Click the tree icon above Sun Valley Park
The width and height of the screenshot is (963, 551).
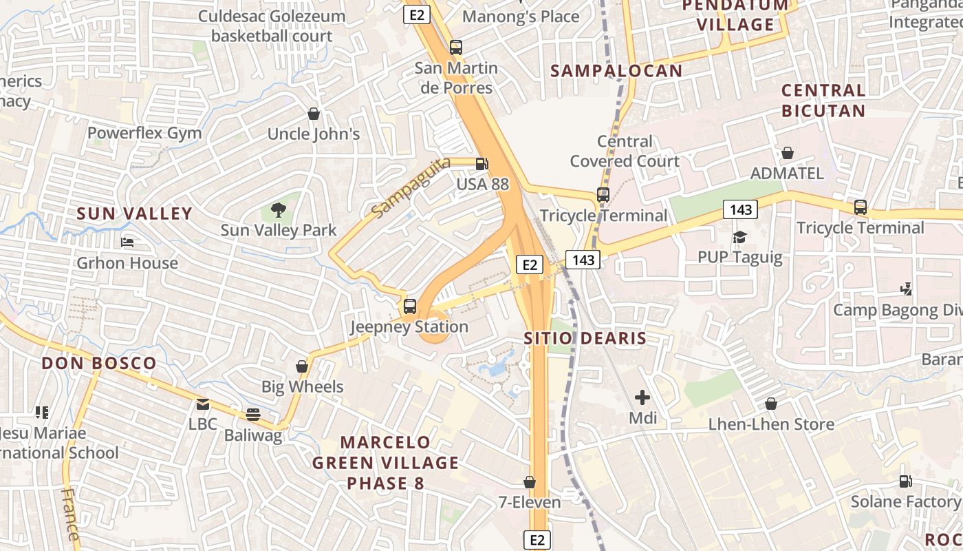point(279,209)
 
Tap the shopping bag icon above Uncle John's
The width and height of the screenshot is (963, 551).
point(314,114)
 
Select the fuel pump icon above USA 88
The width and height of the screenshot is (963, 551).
point(483,164)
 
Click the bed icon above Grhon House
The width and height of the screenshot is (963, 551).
point(127,242)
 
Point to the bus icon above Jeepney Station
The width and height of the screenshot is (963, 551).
point(410,306)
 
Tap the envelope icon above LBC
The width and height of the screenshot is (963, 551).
point(203,404)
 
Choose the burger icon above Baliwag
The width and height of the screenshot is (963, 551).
point(253,414)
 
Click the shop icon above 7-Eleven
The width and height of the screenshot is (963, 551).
point(530,482)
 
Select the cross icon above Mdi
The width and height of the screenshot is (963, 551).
point(642,397)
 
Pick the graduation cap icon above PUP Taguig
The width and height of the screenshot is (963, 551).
point(740,237)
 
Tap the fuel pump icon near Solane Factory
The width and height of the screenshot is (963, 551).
point(906,481)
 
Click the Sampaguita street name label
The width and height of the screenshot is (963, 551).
point(411,187)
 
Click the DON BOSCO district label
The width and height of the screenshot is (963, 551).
point(99,363)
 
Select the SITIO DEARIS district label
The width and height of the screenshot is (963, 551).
point(585,338)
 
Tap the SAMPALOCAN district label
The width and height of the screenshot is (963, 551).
point(616,70)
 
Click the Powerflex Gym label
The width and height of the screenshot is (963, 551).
point(144,133)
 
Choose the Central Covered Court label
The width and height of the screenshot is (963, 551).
point(625,152)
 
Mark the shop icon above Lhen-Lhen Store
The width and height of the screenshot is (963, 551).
point(771,404)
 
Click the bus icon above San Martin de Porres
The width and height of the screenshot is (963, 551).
point(456,48)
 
